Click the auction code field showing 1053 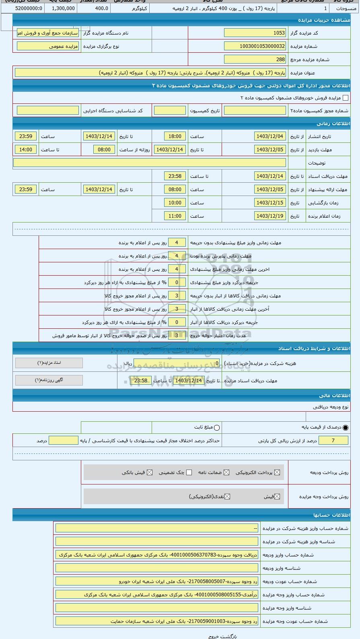(255, 33)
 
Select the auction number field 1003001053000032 (255, 46)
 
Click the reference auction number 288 (255, 60)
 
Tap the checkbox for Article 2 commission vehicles (345, 98)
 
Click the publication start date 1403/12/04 (270, 136)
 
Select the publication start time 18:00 (175, 136)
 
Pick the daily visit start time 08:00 (104, 150)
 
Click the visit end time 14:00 (26, 150)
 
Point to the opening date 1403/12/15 (270, 203)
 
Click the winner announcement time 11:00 (175, 216)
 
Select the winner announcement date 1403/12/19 (270, 216)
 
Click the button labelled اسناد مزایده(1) (49, 363)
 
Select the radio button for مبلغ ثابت (217, 428)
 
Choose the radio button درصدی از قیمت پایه (346, 428)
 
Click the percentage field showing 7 (333, 441)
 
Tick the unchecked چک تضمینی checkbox (189, 472)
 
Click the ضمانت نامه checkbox (226, 472)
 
